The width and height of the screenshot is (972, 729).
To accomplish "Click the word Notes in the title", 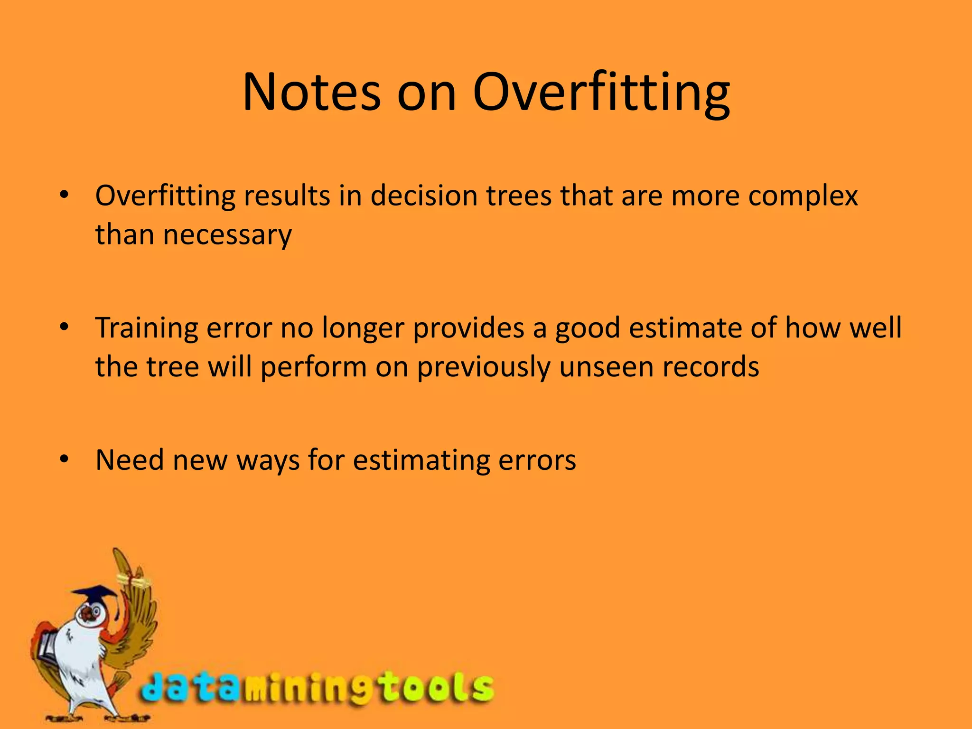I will [311, 93].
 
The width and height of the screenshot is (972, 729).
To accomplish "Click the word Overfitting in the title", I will [601, 93].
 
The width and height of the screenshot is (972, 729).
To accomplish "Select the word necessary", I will [227, 235].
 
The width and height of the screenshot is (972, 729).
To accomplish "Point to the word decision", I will [424, 196].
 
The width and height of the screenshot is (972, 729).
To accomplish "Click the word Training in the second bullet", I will [146, 328].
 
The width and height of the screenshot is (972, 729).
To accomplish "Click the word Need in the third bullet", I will [129, 460].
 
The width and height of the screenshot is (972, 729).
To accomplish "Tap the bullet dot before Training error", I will [65, 327].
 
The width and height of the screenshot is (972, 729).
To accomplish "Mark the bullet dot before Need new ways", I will [65, 459].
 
